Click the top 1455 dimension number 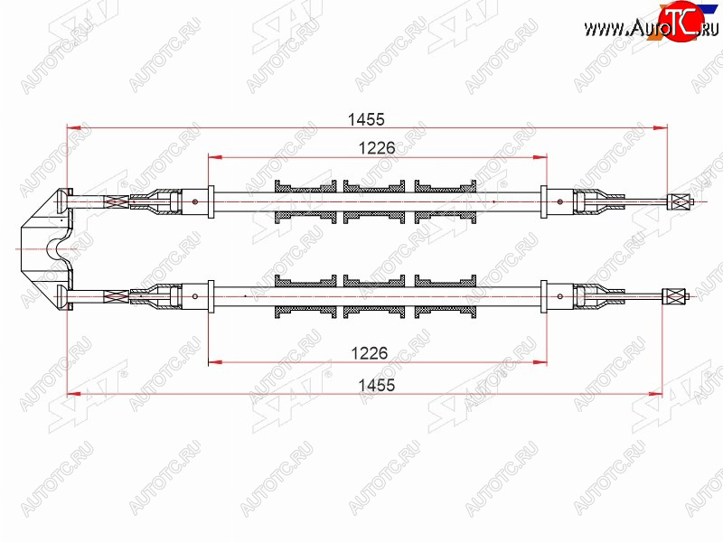(366, 119)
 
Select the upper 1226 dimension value (377, 148)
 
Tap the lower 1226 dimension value (370, 353)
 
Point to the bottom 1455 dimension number (377, 385)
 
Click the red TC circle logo (681, 20)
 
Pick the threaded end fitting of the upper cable (681, 201)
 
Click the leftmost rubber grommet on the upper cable (305, 201)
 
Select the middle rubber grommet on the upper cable (374, 201)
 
